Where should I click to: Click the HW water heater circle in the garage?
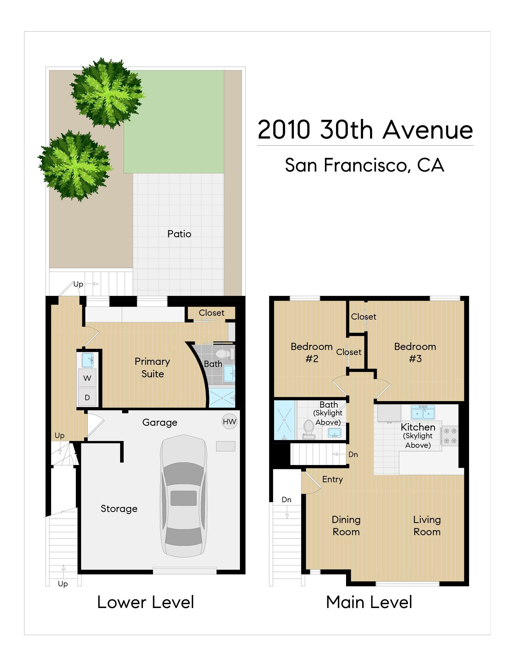click(x=229, y=421)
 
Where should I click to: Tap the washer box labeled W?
click(x=87, y=378)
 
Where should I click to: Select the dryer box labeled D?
click(x=87, y=397)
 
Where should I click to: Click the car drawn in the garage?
click(x=183, y=497)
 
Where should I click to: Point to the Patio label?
click(x=179, y=234)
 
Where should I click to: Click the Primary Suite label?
click(x=153, y=367)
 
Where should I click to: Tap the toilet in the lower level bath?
click(x=221, y=354)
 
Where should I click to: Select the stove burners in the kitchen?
click(x=450, y=436)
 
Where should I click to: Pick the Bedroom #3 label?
click(x=415, y=353)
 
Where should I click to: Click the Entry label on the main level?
click(x=332, y=479)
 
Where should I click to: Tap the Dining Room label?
click(x=346, y=525)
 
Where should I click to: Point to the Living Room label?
click(x=427, y=525)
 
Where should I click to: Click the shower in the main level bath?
click(x=284, y=420)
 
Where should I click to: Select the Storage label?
click(x=119, y=509)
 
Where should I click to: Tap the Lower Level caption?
click(x=145, y=602)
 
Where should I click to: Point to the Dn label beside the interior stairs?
click(x=353, y=454)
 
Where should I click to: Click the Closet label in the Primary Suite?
click(x=211, y=313)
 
